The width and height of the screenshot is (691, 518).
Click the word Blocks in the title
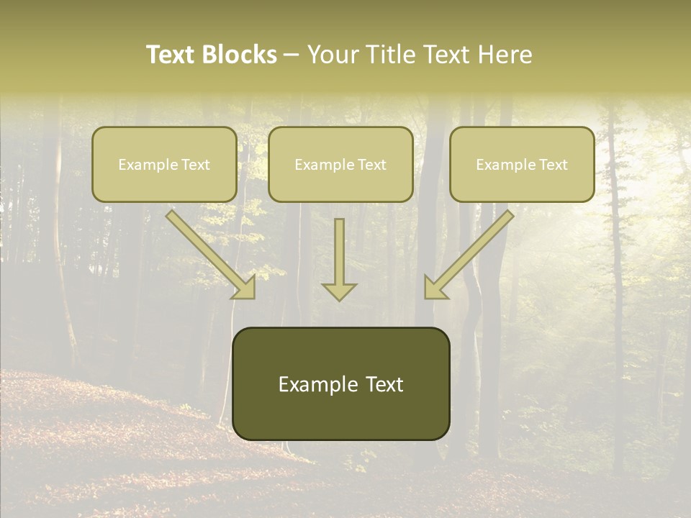pyautogui.click(x=239, y=55)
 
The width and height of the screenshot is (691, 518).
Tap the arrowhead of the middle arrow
pyautogui.click(x=339, y=291)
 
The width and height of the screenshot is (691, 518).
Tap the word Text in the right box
pyautogui.click(x=553, y=165)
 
